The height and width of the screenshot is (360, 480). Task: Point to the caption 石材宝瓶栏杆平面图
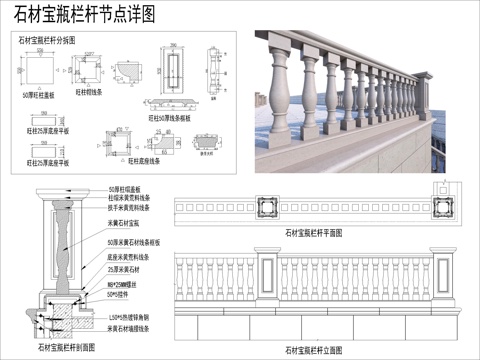(x=314, y=232)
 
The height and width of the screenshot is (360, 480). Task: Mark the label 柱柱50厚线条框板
(x=169, y=118)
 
